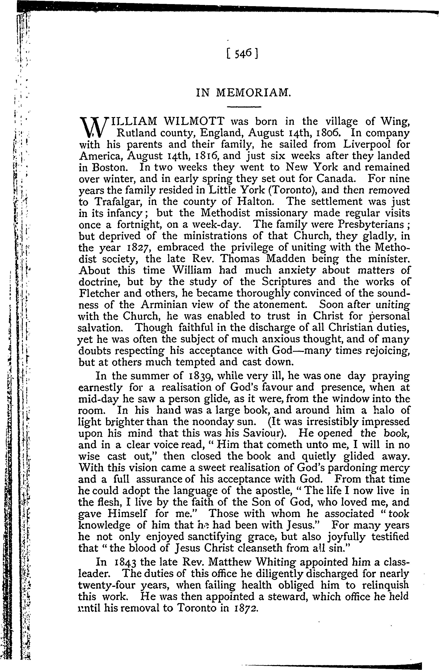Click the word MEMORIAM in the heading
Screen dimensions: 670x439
point(253,93)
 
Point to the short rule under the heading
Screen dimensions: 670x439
point(244,107)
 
